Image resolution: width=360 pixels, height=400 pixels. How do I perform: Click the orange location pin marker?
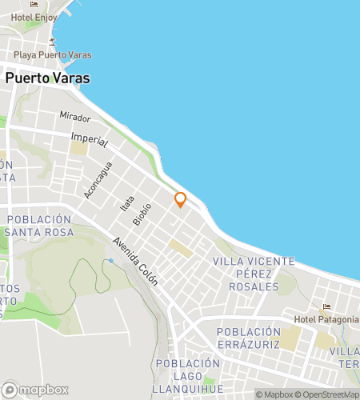181,199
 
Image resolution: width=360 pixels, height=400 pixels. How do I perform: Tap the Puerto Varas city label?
47,78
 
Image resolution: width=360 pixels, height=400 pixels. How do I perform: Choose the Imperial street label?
89,139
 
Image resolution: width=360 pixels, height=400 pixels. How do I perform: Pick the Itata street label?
126,204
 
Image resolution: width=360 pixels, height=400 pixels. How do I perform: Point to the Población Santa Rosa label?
39,226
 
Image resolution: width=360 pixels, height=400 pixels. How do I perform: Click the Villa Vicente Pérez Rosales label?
254,273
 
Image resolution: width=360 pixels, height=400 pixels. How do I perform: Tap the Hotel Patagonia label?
326,320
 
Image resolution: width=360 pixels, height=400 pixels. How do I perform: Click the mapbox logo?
34,390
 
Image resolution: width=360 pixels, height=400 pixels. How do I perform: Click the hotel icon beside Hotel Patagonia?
326,307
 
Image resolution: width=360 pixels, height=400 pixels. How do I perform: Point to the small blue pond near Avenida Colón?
110,261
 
